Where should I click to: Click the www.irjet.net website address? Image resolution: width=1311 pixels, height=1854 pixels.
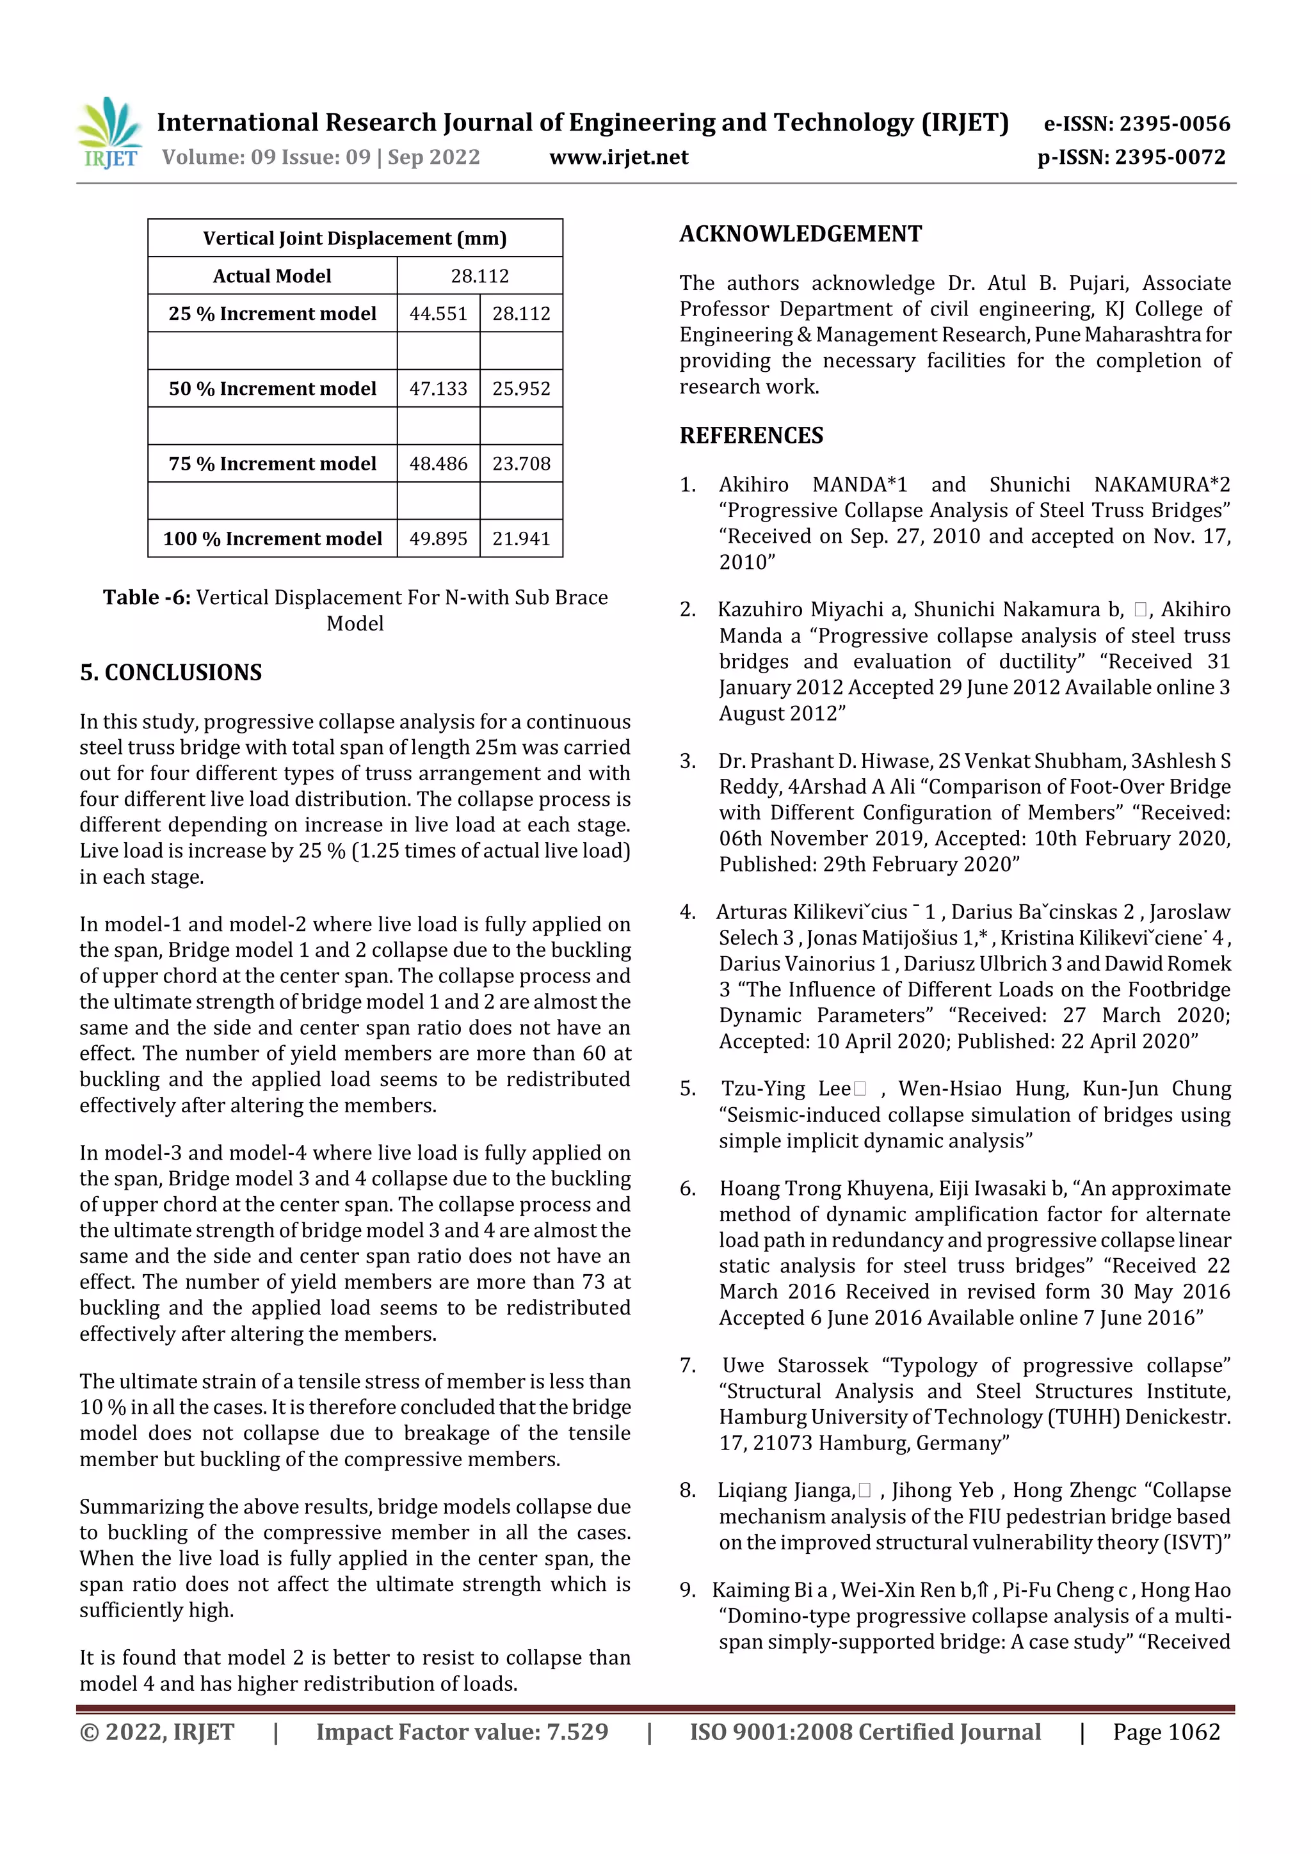(619, 157)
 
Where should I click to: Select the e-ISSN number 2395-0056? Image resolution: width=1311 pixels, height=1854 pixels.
(1136, 124)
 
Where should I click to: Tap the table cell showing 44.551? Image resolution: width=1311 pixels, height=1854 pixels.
(438, 314)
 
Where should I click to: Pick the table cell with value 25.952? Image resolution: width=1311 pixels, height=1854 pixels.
(521, 388)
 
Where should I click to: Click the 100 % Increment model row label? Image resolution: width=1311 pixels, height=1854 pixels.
(272, 539)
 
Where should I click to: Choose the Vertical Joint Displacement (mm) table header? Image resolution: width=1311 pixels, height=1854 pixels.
(355, 238)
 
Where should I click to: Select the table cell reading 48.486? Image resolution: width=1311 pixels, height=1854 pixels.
(438, 463)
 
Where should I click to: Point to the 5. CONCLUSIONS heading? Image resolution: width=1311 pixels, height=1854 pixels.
(170, 673)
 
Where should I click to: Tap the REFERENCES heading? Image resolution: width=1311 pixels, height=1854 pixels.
(752, 436)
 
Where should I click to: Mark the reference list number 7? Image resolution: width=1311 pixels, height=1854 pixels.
(688, 1366)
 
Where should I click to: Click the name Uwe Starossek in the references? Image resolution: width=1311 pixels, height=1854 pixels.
(795, 1366)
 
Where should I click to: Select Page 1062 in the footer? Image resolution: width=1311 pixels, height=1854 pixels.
(1166, 1732)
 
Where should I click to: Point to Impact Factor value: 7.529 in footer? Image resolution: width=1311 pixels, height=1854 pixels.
(462, 1732)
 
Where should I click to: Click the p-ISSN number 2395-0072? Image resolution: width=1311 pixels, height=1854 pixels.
(1131, 157)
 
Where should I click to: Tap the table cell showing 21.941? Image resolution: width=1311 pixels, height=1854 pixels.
(521, 539)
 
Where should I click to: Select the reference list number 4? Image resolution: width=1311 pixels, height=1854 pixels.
(688, 913)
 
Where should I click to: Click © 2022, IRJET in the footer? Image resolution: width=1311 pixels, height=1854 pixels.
(157, 1732)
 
